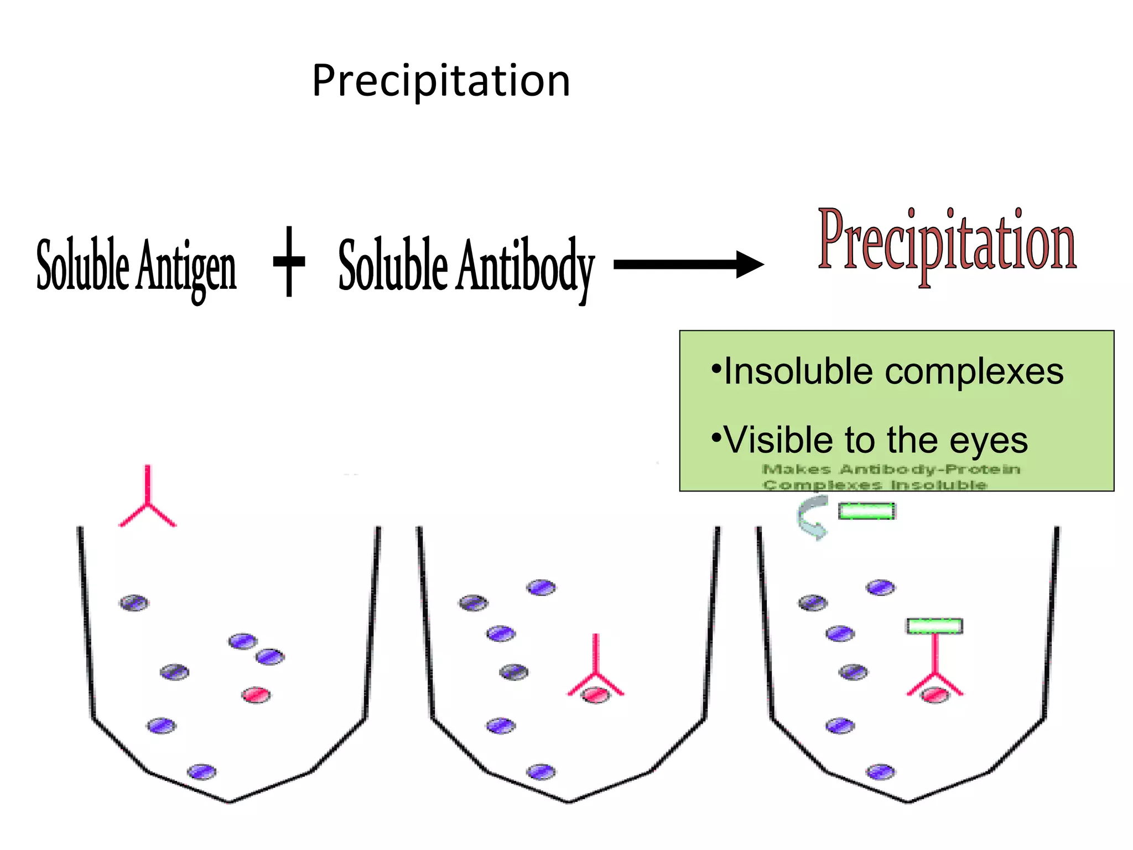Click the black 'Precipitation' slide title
441,81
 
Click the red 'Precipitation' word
947,243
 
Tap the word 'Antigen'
186,267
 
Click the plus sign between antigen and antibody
289,261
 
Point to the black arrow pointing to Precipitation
688,264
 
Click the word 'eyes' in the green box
989,442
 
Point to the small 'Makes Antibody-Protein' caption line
891,469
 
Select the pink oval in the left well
256,695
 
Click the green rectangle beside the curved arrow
866,511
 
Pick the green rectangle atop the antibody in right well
934,626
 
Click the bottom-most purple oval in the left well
202,771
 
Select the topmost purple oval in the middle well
541,587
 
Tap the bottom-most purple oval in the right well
881,771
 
